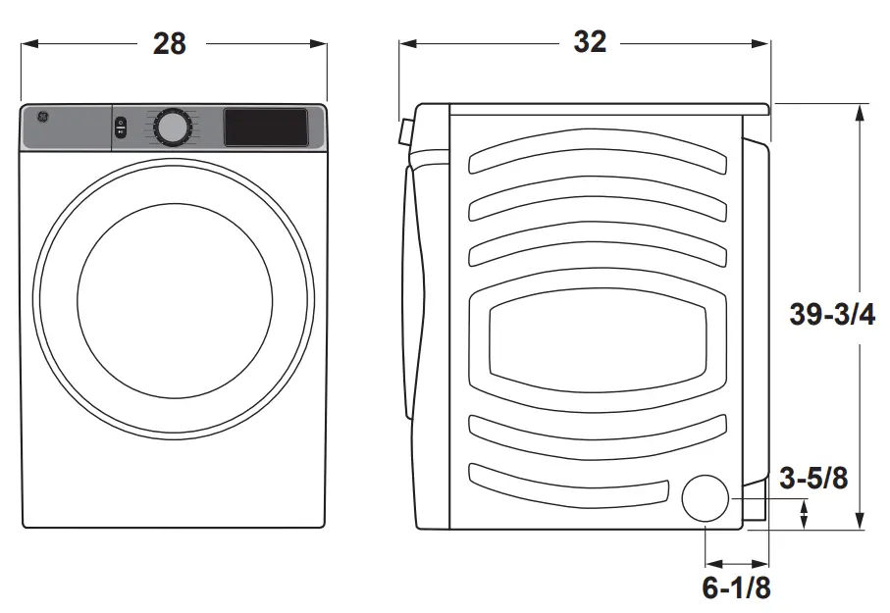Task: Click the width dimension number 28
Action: [x=169, y=44]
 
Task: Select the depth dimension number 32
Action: [x=590, y=42]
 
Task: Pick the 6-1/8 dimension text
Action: [x=735, y=588]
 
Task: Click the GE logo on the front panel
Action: [x=43, y=117]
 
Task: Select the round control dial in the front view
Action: [x=172, y=128]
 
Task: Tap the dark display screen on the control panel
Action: [x=266, y=128]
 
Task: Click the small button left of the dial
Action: [x=121, y=128]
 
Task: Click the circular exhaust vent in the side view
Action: [x=706, y=498]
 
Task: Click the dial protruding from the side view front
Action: [x=403, y=131]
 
